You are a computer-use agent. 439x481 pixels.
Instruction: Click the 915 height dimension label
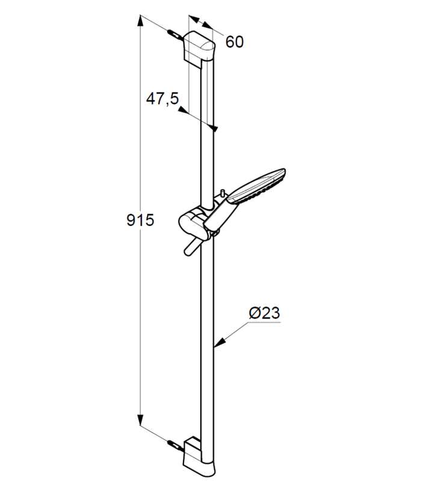point(140,220)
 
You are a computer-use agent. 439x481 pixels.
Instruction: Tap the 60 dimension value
point(235,41)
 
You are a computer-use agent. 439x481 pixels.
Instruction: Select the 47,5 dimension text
point(162,99)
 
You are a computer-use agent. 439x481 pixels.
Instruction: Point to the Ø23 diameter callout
point(265,313)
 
